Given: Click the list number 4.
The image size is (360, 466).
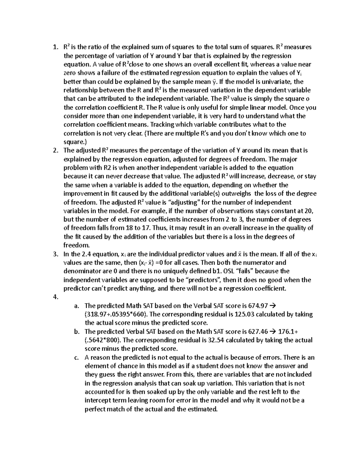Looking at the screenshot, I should point(55,297).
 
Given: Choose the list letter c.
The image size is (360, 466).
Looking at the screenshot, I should point(76,358).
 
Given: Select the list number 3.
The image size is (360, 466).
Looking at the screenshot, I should point(55,254).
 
